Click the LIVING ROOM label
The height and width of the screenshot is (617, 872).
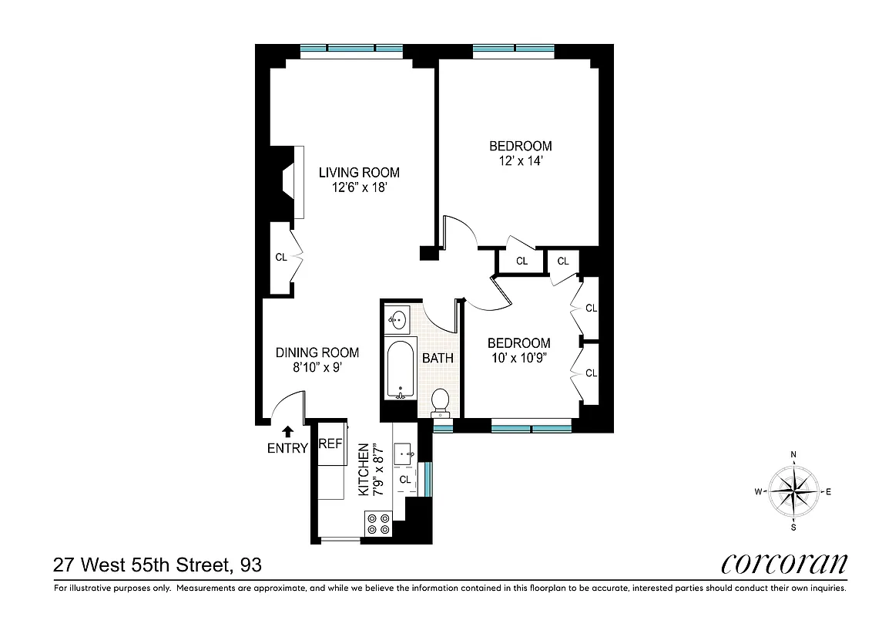[359, 173]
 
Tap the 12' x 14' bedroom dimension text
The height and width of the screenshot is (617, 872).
[521, 161]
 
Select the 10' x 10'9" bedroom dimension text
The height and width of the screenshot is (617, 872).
[519, 358]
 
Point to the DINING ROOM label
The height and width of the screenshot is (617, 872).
[317, 352]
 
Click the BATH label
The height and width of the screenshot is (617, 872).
[438, 358]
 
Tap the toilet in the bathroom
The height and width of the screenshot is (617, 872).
[440, 402]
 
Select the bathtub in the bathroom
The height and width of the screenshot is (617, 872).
[400, 368]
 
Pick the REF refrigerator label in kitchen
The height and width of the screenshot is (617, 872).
[330, 444]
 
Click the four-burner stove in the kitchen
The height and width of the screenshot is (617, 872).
[377, 524]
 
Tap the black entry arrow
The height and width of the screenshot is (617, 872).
[287, 433]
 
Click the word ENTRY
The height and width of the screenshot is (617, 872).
[287, 449]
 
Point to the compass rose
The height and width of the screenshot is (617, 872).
[794, 491]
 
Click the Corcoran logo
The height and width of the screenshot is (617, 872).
[783, 564]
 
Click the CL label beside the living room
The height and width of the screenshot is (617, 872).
[281, 257]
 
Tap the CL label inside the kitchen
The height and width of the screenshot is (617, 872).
[404, 480]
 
